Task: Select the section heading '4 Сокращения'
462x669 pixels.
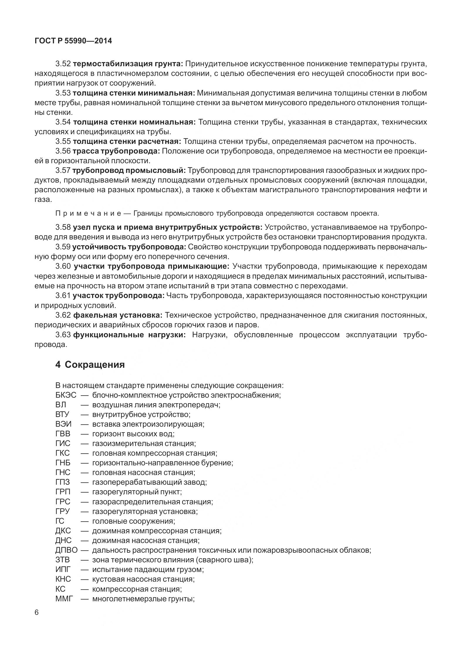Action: click(90, 365)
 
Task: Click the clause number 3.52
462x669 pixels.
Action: click(63, 64)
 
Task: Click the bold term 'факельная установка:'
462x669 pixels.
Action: click(118, 315)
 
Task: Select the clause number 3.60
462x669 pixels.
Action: click(63, 266)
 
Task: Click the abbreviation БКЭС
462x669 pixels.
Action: click(66, 395)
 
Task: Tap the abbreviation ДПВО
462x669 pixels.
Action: click(66, 550)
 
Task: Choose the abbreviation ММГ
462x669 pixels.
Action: click(63, 598)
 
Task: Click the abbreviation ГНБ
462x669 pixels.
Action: click(63, 463)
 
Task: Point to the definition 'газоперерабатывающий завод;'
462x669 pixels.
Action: click(149, 482)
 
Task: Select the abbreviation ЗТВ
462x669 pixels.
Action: click(62, 560)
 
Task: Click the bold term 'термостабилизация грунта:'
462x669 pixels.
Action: click(128, 64)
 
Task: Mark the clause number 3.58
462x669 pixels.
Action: click(63, 227)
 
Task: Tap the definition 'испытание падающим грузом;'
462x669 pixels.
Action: click(148, 569)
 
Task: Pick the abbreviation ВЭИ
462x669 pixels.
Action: click(63, 424)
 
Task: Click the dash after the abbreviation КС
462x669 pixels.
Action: click(85, 589)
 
